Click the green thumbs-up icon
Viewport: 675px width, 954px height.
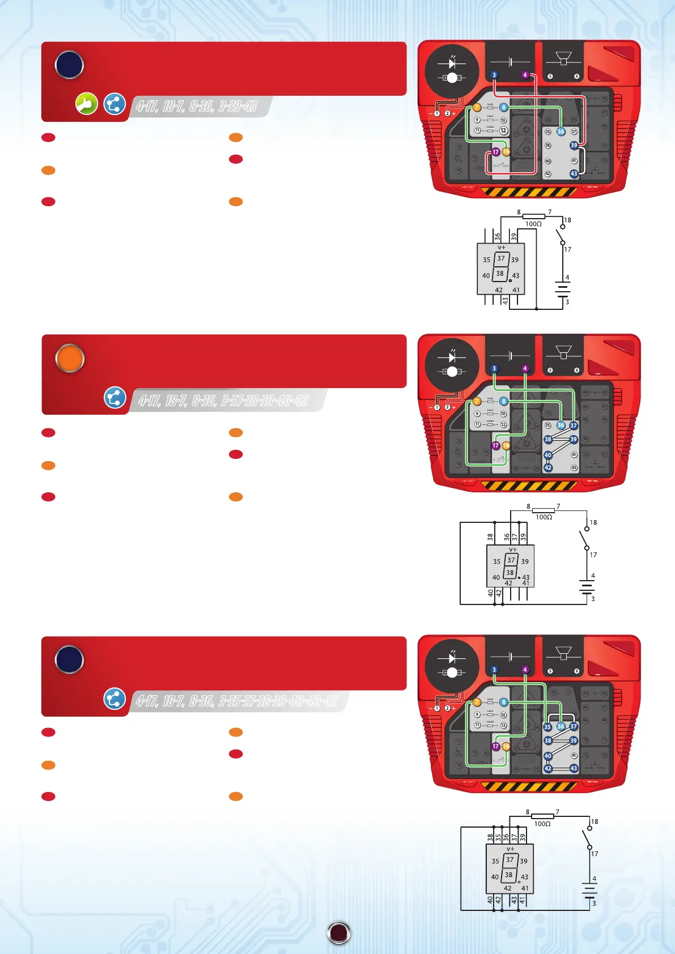pos(87,104)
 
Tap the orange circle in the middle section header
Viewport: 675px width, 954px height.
pos(70,359)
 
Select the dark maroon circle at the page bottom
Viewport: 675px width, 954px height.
pos(339,933)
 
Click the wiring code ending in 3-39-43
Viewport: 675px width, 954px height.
pos(196,107)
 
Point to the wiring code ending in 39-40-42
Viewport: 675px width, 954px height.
pos(223,401)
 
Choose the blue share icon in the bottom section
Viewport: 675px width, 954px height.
pos(114,699)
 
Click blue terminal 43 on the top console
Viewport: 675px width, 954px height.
pos(574,174)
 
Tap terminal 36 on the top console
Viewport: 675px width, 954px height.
pos(561,131)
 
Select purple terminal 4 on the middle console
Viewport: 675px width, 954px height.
pos(525,369)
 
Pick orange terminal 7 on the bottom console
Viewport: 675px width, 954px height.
pos(477,702)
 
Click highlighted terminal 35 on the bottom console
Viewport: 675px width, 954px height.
pos(547,727)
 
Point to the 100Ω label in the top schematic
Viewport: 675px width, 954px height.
pos(533,224)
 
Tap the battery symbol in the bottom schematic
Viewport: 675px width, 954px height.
pos(590,891)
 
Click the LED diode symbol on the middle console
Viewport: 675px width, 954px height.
pos(452,357)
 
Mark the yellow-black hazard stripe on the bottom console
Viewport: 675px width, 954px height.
pos(528,786)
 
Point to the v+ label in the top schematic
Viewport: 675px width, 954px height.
pos(501,248)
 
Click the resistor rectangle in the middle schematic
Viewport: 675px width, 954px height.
pos(543,510)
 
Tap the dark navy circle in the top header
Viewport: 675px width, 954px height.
pos(69,65)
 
